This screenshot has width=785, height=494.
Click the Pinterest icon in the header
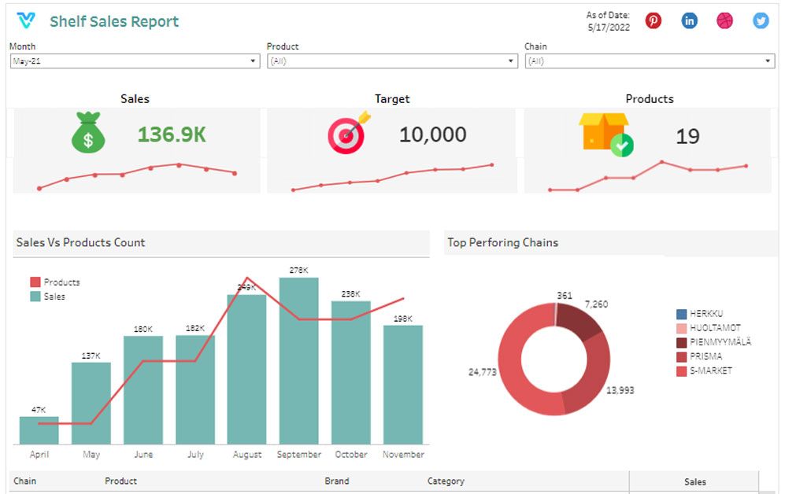pos(654,21)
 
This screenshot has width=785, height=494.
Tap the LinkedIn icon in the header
pos(689,21)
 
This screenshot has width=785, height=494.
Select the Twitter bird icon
pos(761,21)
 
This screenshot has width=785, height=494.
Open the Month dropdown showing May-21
pos(135,61)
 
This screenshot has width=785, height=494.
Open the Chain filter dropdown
pos(650,61)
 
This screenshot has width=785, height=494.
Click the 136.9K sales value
pos(172,135)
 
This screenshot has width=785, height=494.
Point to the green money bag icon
pos(88,133)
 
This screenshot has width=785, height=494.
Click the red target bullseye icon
pos(348,135)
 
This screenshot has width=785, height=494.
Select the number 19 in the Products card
pos(687,137)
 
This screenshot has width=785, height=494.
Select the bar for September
pos(299,361)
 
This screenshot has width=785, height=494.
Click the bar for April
pos(39,430)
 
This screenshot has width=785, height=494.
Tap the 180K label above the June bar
pos(143,329)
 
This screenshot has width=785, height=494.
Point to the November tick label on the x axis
pos(403,455)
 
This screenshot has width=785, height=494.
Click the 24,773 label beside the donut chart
pos(482,372)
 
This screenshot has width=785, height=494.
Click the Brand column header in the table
pos(337,481)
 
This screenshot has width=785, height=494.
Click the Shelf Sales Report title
pos(114,22)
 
